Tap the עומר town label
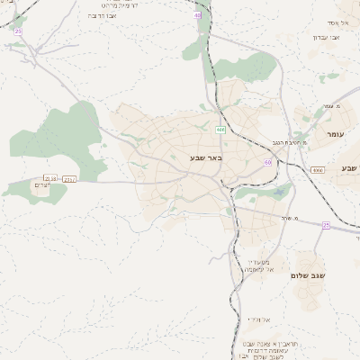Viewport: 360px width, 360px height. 335,133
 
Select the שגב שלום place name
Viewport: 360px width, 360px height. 307,274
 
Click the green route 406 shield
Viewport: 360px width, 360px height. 220,130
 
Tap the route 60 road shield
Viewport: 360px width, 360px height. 267,162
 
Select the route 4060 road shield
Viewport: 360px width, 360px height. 318,169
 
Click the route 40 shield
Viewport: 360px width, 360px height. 197,15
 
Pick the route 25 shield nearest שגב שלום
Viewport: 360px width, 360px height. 326,226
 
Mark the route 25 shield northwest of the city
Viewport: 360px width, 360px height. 17,31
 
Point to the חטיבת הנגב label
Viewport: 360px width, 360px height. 290,142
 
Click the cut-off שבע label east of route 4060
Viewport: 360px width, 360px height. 349,168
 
